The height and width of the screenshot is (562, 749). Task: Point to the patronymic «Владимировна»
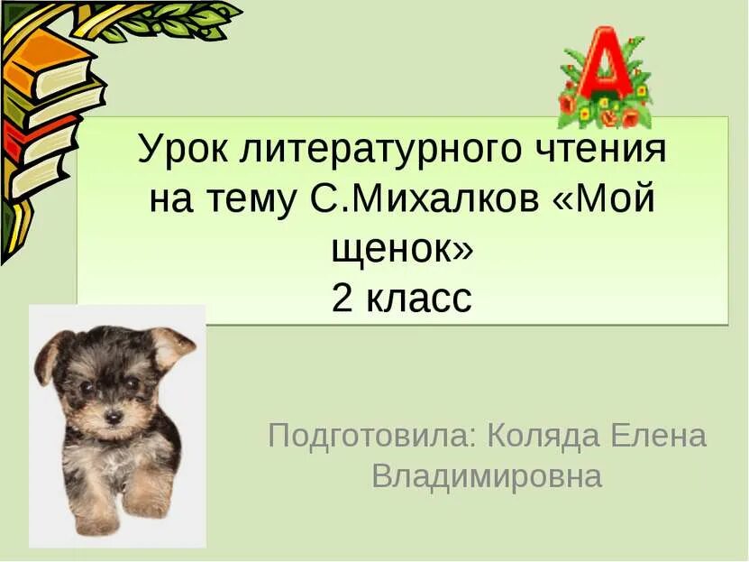tap(487, 475)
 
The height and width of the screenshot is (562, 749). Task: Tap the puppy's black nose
tap(114, 418)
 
